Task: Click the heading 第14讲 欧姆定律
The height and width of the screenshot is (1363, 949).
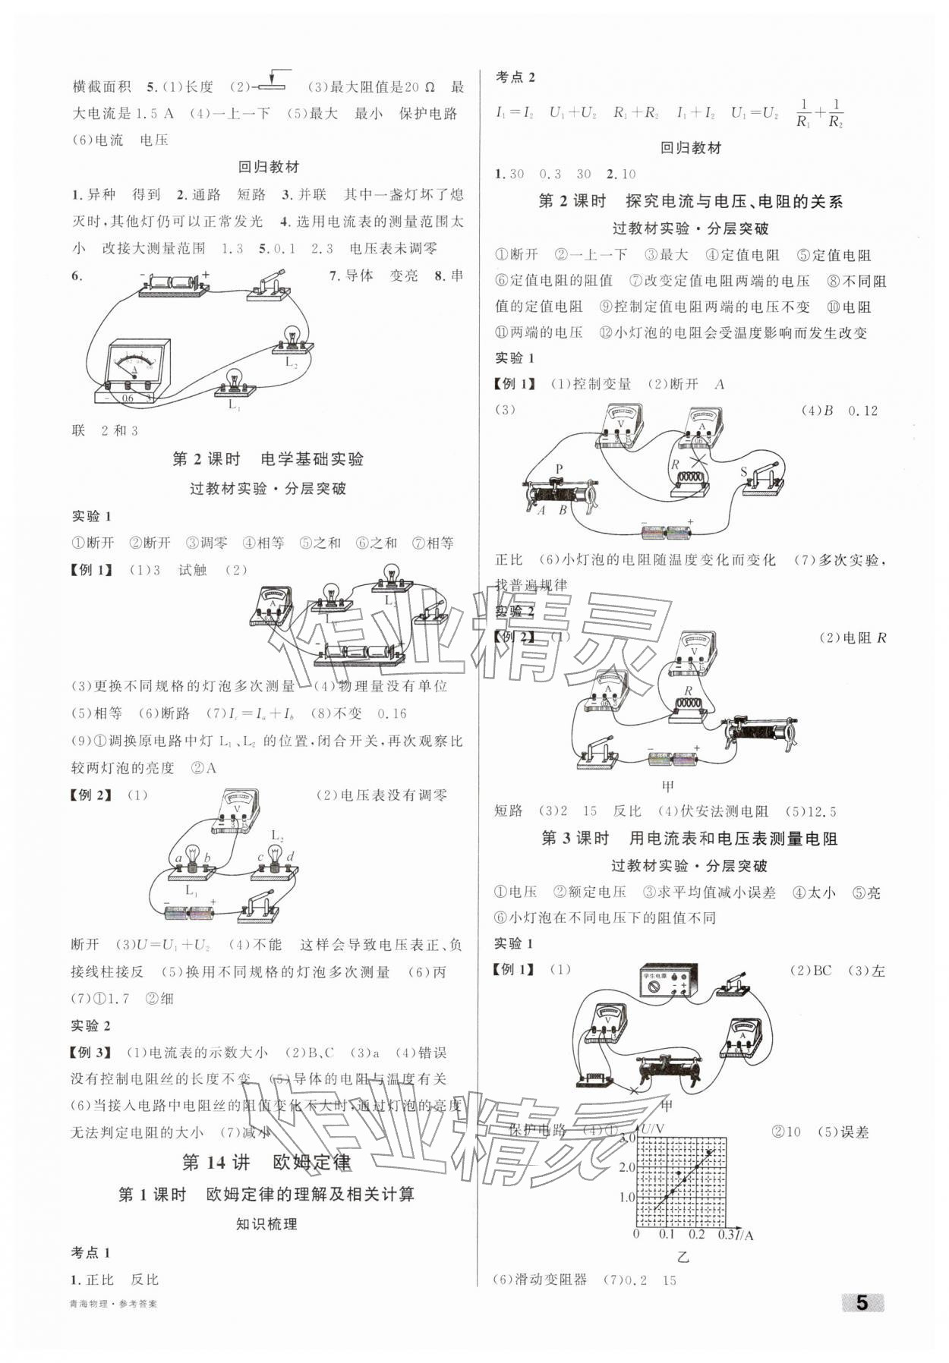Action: pos(266,1161)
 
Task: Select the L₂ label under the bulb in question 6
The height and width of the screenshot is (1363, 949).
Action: pos(291,363)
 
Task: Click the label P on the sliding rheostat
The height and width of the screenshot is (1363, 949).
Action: pos(559,469)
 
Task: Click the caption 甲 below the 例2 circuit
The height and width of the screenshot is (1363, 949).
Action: pos(669,785)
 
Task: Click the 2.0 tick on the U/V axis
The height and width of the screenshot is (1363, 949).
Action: pos(627,1166)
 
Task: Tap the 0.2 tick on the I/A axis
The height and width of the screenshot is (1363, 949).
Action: pos(697,1235)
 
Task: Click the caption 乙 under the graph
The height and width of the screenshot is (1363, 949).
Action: pos(683,1257)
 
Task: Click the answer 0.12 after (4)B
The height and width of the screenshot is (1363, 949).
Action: pos(862,411)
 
